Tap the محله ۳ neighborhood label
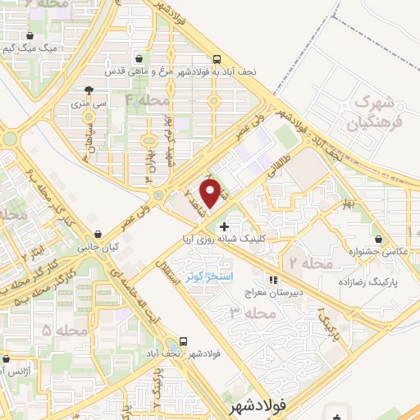[x=248, y=313]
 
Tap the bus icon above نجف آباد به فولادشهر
[x=217, y=59]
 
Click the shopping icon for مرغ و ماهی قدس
[x=141, y=59]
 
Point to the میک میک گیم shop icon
[x=31, y=36]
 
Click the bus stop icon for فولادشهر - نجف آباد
[x=184, y=341]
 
